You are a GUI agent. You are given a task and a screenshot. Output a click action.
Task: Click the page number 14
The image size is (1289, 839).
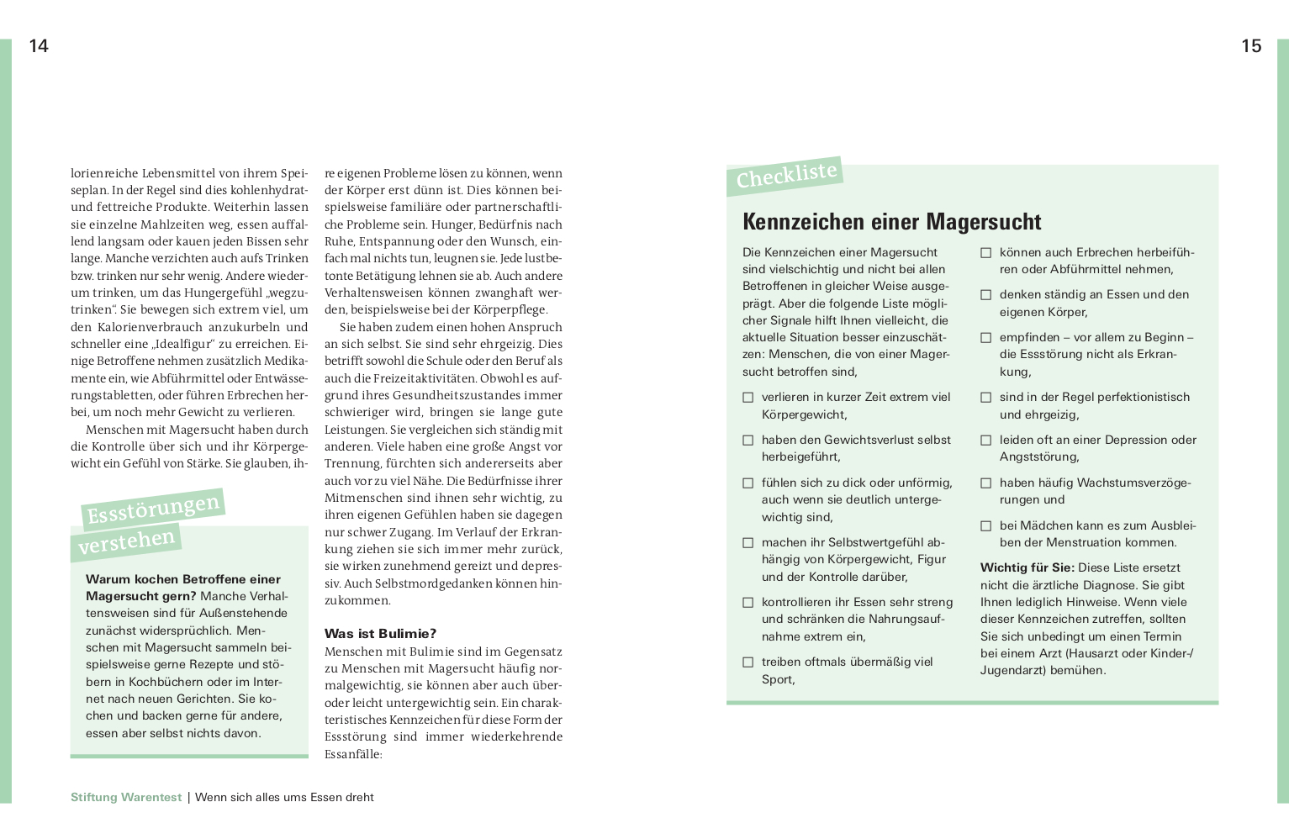pyautogui.click(x=39, y=46)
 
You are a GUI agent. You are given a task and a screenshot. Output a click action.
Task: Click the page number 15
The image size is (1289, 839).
pyautogui.click(x=1251, y=46)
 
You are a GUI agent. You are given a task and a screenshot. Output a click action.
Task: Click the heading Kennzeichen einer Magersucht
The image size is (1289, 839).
pyautogui.click(x=891, y=222)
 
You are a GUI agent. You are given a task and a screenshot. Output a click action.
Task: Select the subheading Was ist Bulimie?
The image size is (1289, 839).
pyautogui.click(x=380, y=634)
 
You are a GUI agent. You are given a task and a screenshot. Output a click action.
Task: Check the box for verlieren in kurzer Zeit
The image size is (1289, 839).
pyautogui.click(x=748, y=398)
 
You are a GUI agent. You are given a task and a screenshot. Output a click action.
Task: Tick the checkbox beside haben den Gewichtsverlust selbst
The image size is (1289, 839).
pyautogui.click(x=748, y=441)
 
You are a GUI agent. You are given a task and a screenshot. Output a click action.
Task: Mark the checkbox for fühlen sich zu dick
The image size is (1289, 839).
pyautogui.click(x=748, y=483)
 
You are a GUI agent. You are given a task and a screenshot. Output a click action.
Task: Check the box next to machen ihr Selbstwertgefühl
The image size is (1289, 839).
pyautogui.click(x=748, y=543)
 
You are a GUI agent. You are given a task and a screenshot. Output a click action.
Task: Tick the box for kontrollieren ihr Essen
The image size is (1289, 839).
pyautogui.click(x=748, y=603)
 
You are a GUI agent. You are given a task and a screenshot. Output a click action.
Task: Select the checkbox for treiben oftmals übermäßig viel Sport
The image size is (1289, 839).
pyautogui.click(x=748, y=662)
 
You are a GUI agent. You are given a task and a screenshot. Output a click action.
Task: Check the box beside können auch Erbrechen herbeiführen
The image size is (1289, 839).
pyautogui.click(x=985, y=253)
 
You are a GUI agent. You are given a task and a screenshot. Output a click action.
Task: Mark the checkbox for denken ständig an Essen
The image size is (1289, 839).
pyautogui.click(x=985, y=295)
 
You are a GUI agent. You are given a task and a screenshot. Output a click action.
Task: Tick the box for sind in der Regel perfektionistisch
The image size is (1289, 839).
pyautogui.click(x=985, y=398)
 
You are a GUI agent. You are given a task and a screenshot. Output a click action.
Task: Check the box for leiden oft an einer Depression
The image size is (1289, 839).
pyautogui.click(x=985, y=441)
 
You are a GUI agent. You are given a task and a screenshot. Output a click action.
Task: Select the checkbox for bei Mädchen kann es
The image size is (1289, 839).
pyautogui.click(x=985, y=526)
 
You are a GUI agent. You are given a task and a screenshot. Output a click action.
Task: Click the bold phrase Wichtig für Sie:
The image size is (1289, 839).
pyautogui.click(x=1027, y=568)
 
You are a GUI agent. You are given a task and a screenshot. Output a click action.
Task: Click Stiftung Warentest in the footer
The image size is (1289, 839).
pyautogui.click(x=126, y=798)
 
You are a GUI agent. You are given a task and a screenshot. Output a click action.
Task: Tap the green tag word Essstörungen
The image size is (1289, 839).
pyautogui.click(x=153, y=509)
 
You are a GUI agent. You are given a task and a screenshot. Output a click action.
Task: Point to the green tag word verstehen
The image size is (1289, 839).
pyautogui.click(x=126, y=542)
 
